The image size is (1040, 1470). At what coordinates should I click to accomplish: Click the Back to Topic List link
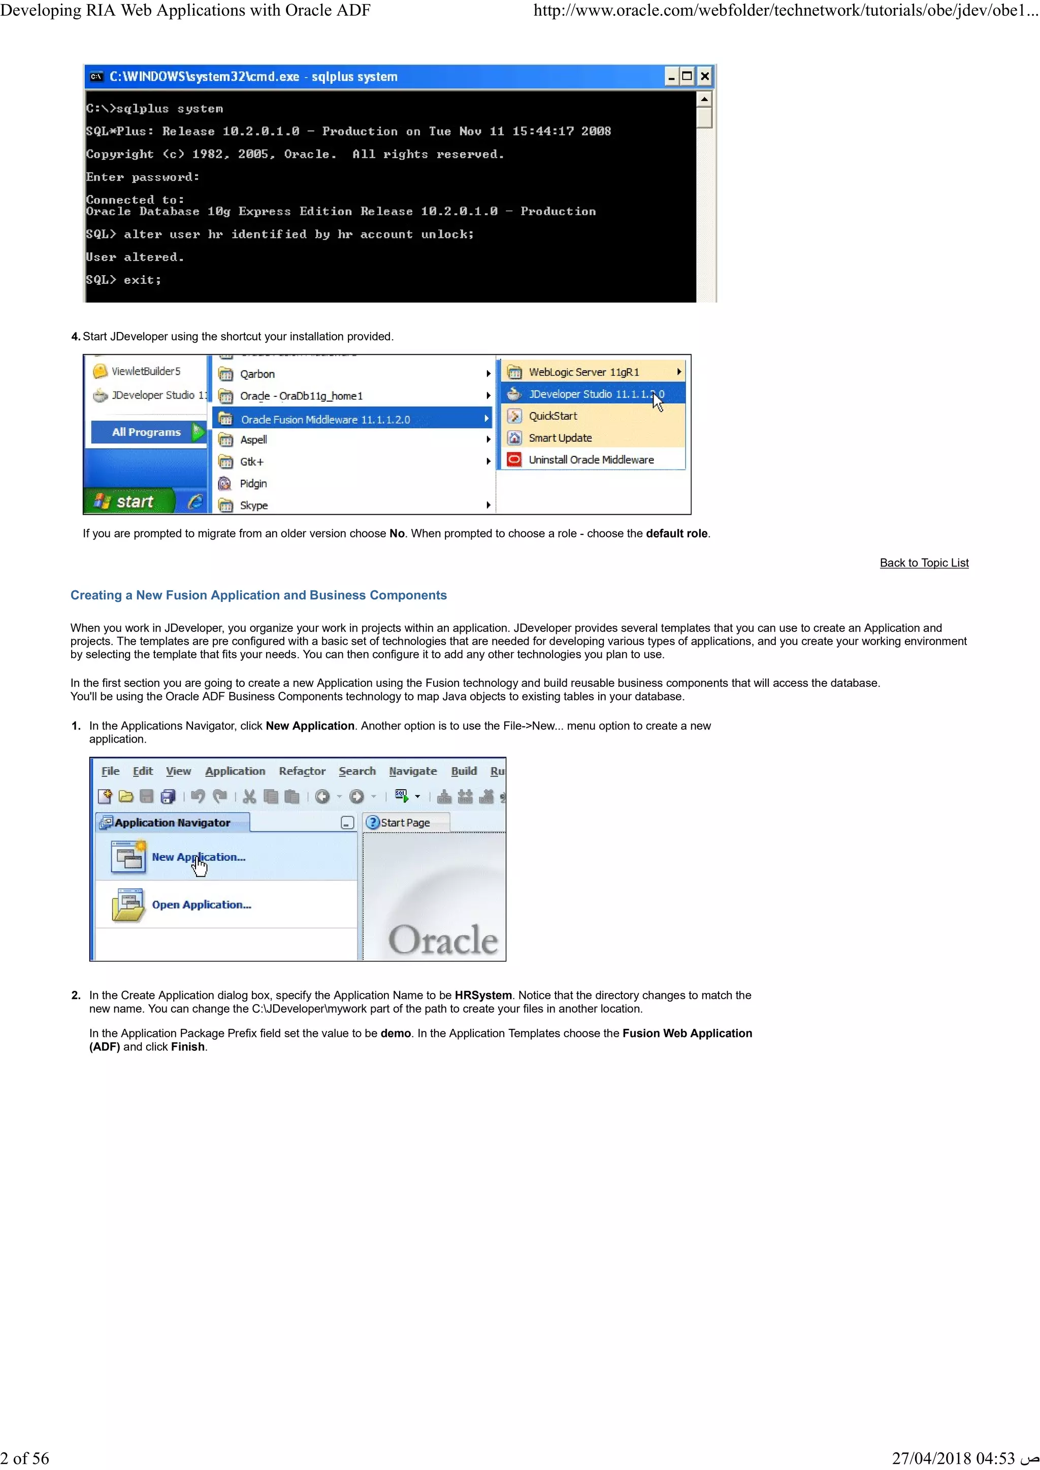(x=923, y=563)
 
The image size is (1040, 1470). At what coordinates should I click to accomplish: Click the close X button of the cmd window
(x=704, y=77)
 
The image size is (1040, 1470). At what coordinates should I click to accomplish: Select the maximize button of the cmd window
(x=687, y=77)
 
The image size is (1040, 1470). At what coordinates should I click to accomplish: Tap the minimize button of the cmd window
(x=671, y=77)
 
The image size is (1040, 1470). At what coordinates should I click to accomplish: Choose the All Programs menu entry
(x=147, y=432)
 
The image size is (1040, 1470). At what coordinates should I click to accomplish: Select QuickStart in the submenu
(x=552, y=416)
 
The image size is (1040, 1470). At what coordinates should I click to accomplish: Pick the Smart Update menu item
(x=560, y=438)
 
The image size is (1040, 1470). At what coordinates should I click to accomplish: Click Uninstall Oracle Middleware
(x=591, y=460)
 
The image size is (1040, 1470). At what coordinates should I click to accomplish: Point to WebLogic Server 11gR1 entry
(x=583, y=372)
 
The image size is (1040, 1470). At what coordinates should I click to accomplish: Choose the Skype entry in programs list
(x=253, y=505)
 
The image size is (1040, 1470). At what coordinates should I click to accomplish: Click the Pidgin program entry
(x=253, y=483)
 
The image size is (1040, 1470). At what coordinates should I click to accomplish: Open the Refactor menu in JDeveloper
(x=302, y=772)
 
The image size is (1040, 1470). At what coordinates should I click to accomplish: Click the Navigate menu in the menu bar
(x=412, y=772)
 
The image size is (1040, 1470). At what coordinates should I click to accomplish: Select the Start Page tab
(x=405, y=823)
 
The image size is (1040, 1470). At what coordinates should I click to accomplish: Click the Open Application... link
(x=201, y=905)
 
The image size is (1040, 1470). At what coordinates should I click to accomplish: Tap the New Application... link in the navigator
(x=199, y=857)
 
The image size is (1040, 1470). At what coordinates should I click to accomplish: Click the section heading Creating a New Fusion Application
(x=258, y=595)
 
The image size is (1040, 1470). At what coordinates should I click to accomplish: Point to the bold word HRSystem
(x=483, y=995)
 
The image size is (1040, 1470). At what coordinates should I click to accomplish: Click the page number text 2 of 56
(x=25, y=1458)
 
